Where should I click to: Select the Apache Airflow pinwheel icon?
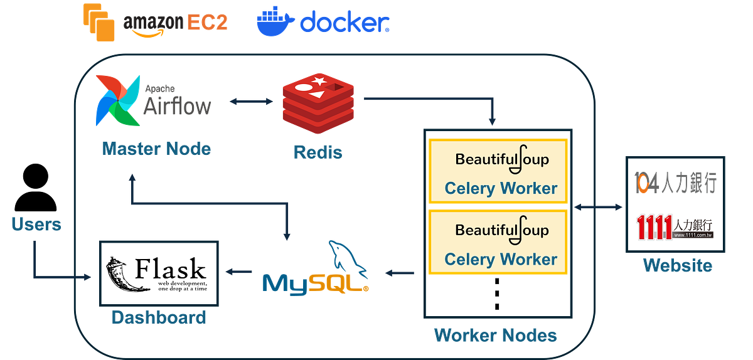click(115, 100)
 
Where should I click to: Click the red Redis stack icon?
click(318, 104)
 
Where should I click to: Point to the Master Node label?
click(156, 149)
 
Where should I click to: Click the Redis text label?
click(318, 152)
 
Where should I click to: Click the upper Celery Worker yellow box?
click(498, 171)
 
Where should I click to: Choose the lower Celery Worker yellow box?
click(498, 242)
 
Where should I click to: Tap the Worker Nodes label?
click(495, 336)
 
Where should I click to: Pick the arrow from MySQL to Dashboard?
click(238, 272)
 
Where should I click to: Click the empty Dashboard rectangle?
click(159, 272)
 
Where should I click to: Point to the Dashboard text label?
click(159, 317)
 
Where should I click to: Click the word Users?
click(36, 225)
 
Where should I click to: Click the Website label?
click(677, 266)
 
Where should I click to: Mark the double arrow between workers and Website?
click(596, 206)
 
